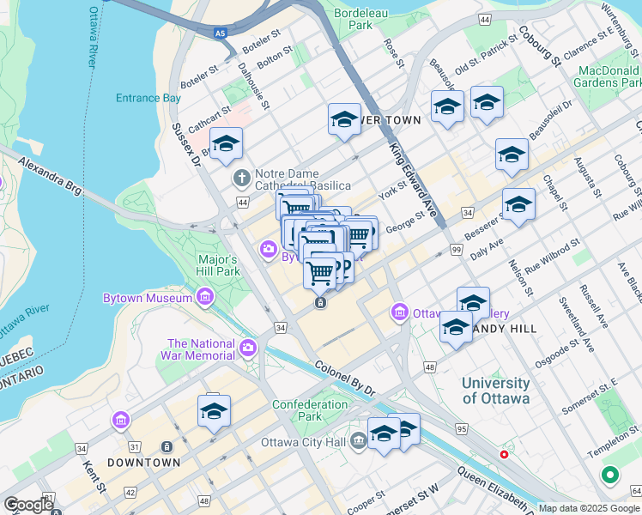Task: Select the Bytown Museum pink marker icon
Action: coord(205,298)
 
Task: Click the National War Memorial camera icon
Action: coord(247,348)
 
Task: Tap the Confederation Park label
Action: coord(310,410)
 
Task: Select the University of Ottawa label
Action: coord(495,391)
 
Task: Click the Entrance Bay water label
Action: coord(148,98)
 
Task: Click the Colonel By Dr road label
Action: coord(345,378)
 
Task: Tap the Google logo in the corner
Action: coord(28,505)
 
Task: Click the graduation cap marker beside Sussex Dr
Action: coord(227,144)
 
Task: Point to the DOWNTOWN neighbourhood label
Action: coord(144,463)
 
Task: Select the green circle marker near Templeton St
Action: coord(610,474)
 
